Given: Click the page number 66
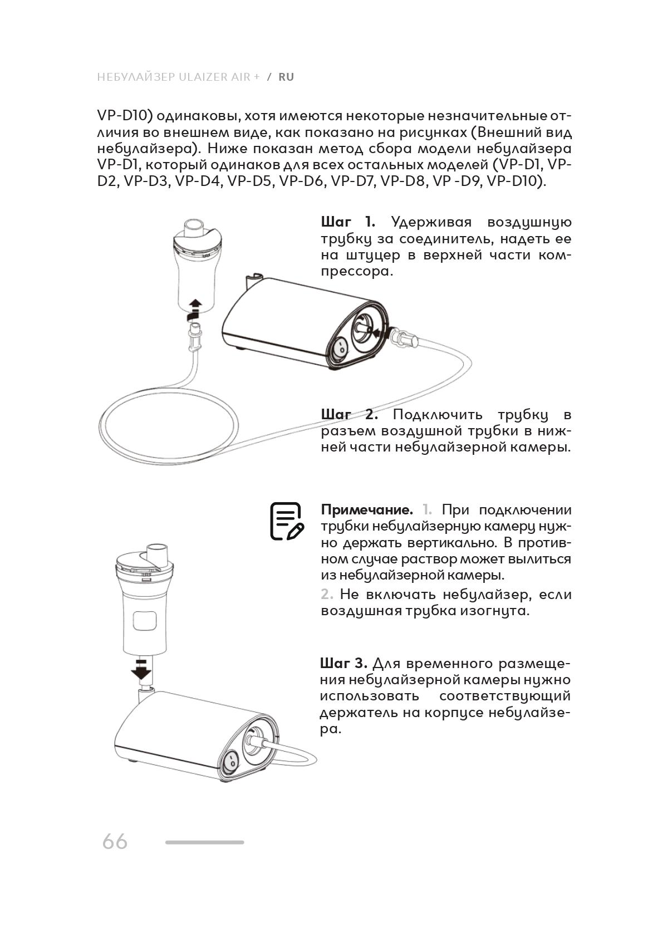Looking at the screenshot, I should [115, 841].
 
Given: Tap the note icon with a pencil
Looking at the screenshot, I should [287, 521].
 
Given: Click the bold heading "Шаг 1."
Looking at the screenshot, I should [348, 222].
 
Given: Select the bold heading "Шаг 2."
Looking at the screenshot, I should [349, 415].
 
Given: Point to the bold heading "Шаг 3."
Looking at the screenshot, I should [343, 664].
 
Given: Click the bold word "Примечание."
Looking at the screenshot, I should [367, 510].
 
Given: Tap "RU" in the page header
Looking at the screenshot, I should [286, 77].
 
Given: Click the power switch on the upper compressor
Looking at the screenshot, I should [339, 349].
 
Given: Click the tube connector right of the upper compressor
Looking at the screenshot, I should [404, 337].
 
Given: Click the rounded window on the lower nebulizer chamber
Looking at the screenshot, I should [144, 621].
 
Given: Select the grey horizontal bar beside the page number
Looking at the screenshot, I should [204, 842].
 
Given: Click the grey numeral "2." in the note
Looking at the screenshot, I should [327, 595].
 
